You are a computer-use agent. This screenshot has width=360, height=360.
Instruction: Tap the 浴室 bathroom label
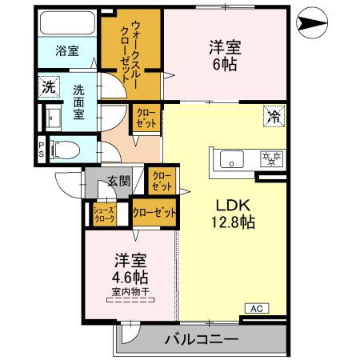(66, 51)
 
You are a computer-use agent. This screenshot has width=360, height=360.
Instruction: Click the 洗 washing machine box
(49, 87)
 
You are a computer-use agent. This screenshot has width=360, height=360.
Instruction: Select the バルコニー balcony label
(201, 339)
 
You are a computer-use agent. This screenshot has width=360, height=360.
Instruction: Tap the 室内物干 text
(132, 292)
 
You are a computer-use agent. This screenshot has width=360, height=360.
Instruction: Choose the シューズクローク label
(106, 214)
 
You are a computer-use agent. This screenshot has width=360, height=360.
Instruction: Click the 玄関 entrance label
(120, 181)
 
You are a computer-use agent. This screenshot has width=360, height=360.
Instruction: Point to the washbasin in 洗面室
(54, 118)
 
